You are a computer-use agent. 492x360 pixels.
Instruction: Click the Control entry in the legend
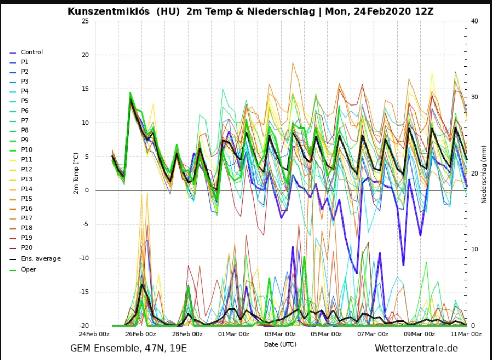pyautogui.click(x=32, y=52)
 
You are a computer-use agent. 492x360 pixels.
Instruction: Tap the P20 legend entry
pyautogui.click(x=26, y=248)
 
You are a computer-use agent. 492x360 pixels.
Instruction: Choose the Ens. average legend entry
pyautogui.click(x=40, y=259)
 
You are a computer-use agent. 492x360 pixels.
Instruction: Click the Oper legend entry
pyautogui.click(x=28, y=270)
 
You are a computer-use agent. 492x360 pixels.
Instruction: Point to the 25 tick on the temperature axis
pyautogui.click(x=85, y=21)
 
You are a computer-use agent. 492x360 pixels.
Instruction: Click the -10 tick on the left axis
pyautogui.click(x=84, y=258)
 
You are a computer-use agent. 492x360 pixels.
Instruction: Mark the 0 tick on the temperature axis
pyautogui.click(x=86, y=190)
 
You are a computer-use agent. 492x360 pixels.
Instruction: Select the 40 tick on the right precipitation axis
pyautogui.click(x=474, y=21)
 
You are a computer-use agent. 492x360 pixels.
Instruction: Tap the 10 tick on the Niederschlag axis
pyautogui.click(x=474, y=249)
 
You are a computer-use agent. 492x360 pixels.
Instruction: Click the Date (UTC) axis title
pyautogui.click(x=280, y=344)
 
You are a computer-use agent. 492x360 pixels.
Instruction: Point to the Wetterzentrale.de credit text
pyautogui.click(x=416, y=348)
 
